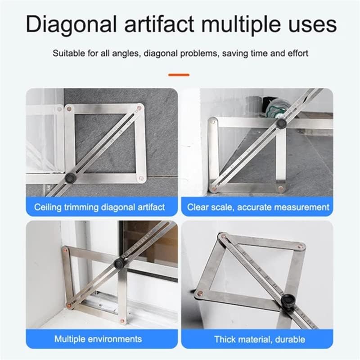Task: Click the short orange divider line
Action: click(x=179, y=75)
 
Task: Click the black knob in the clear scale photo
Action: click(x=281, y=123)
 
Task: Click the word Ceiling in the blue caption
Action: click(x=47, y=207)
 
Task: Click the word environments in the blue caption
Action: click(x=115, y=338)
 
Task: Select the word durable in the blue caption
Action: click(x=290, y=339)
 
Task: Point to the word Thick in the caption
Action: click(x=225, y=339)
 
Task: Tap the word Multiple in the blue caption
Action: click(x=70, y=338)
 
